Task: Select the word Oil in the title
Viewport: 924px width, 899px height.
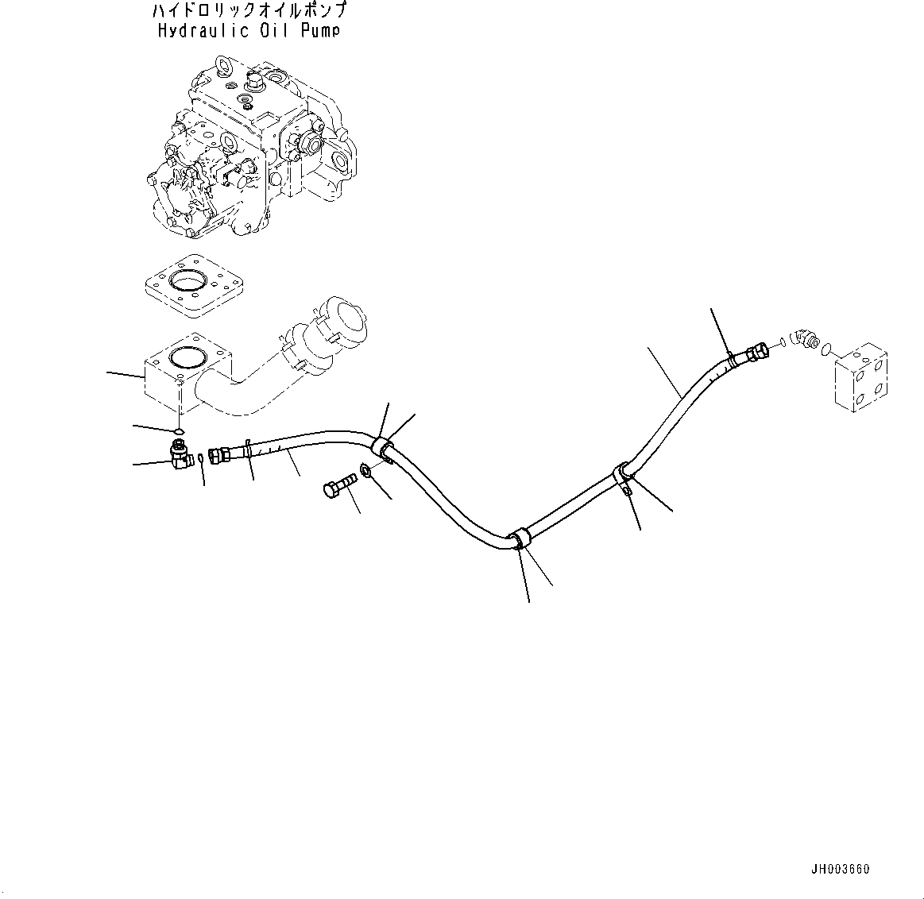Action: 272,31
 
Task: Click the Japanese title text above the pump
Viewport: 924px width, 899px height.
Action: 248,11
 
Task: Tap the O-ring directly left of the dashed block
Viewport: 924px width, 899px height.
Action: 826,348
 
